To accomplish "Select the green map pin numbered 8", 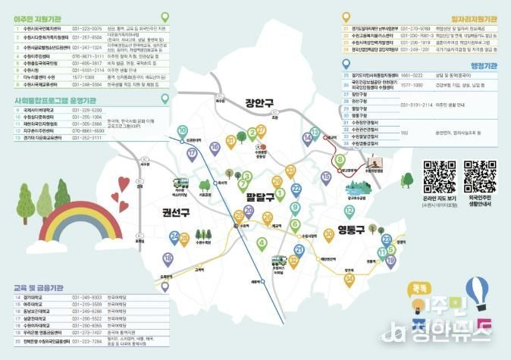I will click(340, 161).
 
